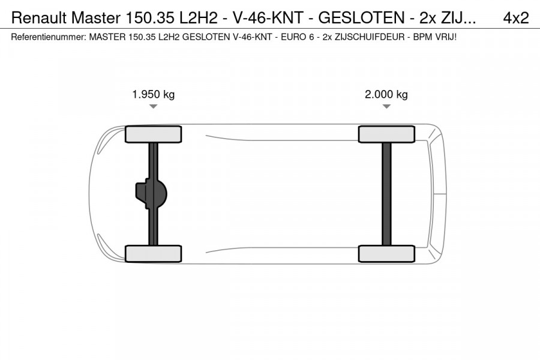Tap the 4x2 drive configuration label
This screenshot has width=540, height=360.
click(x=515, y=18)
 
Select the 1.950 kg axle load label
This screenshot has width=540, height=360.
click(x=153, y=94)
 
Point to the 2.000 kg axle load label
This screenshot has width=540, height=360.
click(x=386, y=94)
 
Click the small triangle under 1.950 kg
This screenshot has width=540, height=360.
click(x=153, y=107)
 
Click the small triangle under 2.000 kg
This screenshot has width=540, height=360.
click(x=386, y=107)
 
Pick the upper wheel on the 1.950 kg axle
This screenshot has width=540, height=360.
click(x=153, y=134)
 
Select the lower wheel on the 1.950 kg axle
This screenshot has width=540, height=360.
click(x=153, y=254)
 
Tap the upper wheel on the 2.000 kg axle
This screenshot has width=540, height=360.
click(x=386, y=134)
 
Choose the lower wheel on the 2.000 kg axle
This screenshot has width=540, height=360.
click(x=386, y=254)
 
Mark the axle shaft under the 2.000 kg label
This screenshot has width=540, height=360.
click(x=386, y=194)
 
